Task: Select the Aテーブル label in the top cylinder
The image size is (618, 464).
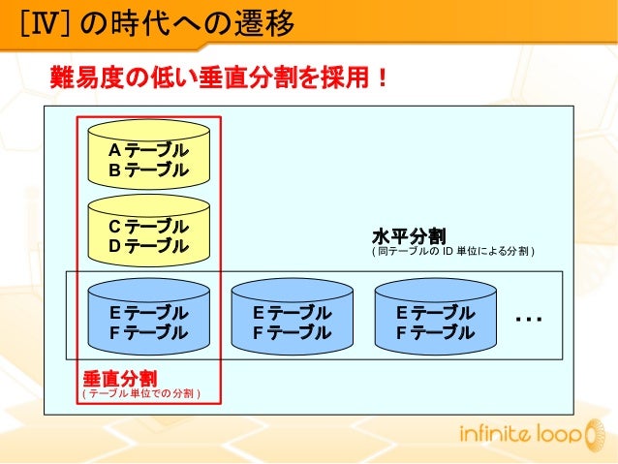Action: click(x=147, y=151)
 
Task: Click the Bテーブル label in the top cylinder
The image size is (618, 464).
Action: click(x=147, y=170)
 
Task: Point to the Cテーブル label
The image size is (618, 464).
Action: click(x=147, y=227)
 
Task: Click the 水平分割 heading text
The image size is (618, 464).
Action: click(x=408, y=235)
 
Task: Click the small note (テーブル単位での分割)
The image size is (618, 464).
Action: click(x=140, y=393)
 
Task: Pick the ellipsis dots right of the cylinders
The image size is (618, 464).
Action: click(x=529, y=319)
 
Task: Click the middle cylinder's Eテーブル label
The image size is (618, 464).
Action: click(x=291, y=313)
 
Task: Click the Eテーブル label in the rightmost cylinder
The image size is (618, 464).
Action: click(x=434, y=313)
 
